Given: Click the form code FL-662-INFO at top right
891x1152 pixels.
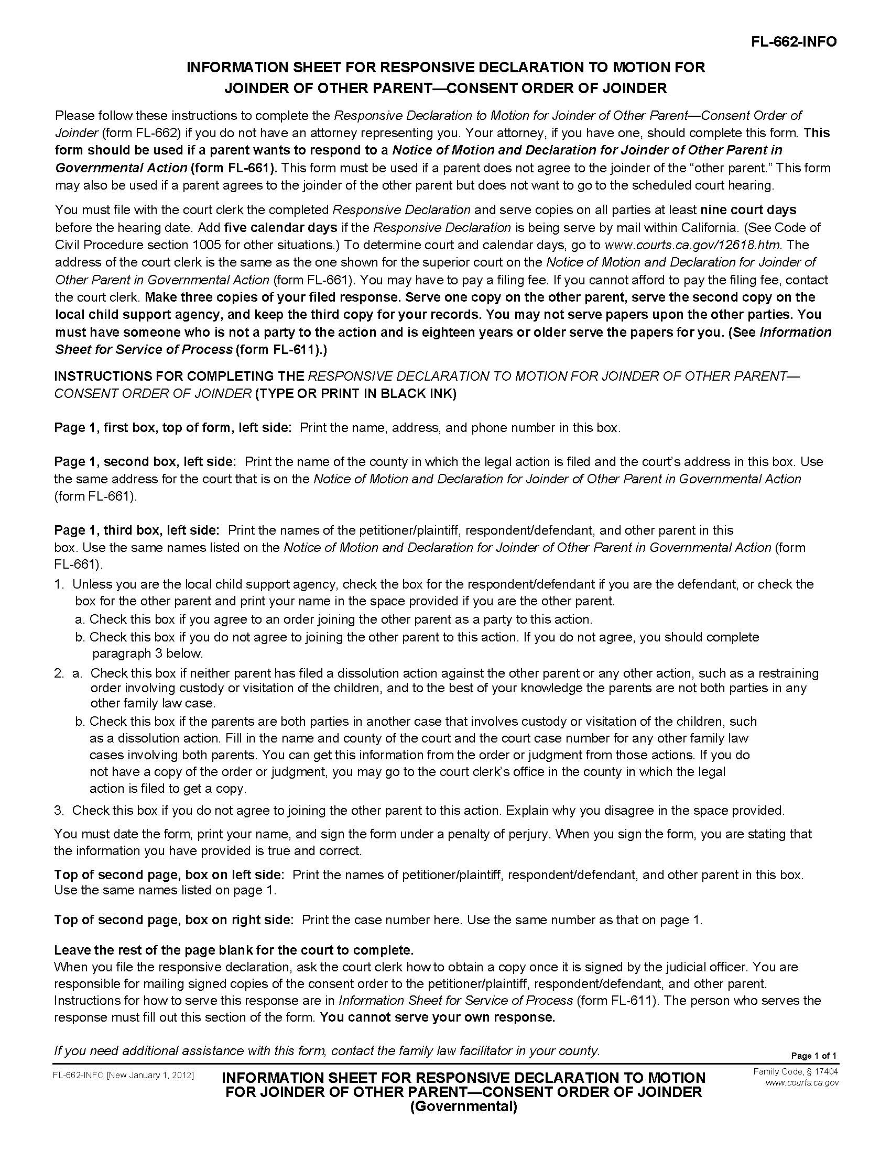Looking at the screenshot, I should click(x=794, y=42).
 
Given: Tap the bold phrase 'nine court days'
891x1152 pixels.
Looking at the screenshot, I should click(x=748, y=210).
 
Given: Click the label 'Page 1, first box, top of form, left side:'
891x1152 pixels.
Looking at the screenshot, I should click(x=172, y=427).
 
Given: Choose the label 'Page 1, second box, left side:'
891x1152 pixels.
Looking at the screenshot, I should click(x=145, y=461).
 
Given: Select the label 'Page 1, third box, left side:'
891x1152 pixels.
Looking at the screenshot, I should click(x=137, y=529).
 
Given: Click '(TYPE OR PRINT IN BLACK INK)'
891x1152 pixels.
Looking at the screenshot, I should click(x=355, y=393).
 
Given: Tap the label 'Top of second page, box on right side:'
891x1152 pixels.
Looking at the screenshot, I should click(x=173, y=920).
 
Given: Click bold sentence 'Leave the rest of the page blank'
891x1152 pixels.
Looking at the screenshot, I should click(x=233, y=950).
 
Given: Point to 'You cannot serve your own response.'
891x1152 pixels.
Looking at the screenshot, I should click(x=438, y=1017).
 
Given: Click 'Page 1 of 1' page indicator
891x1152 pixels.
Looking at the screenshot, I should click(x=813, y=1056).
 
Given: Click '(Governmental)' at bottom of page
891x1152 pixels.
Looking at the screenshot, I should click(x=463, y=1106).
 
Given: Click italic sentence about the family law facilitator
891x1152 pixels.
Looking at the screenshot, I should click(x=327, y=1050).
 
